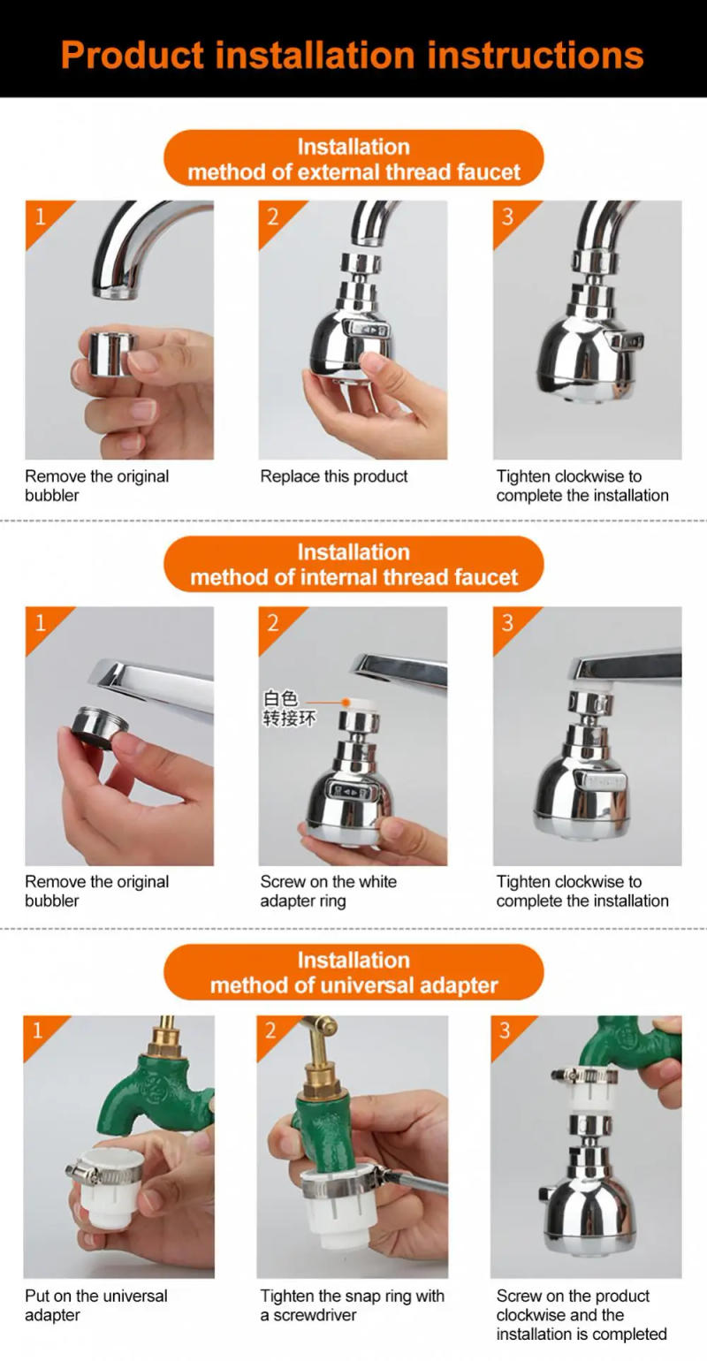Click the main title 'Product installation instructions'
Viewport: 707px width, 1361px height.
(x=353, y=55)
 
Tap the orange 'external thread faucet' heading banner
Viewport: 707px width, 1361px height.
(x=353, y=159)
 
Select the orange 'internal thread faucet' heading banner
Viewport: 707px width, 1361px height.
(x=353, y=565)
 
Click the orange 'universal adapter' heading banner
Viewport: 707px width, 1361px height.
(x=353, y=972)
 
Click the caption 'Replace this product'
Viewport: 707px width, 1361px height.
(x=334, y=476)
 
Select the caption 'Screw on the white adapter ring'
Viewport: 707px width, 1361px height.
(x=328, y=891)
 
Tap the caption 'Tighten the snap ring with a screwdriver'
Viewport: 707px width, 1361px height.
(x=352, y=1305)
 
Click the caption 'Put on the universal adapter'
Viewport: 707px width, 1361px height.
(x=95, y=1305)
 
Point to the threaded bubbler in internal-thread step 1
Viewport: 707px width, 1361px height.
(x=99, y=727)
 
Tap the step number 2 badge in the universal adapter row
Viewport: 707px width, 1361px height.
(x=270, y=1030)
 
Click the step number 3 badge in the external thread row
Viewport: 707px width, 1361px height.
(x=507, y=216)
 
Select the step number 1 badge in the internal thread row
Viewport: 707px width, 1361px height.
(x=40, y=622)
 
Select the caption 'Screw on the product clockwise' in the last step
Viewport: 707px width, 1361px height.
(x=581, y=1314)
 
